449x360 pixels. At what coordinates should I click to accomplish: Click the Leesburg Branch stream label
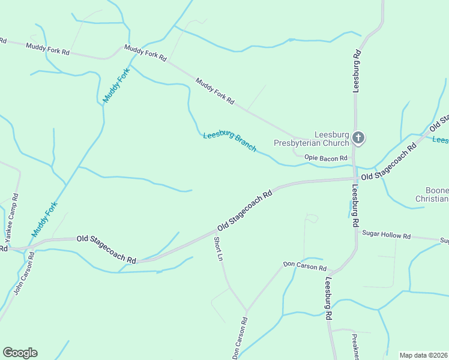pos(229,141)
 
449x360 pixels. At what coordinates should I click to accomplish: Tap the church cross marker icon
pos(358,139)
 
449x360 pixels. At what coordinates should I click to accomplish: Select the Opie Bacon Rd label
pos(326,158)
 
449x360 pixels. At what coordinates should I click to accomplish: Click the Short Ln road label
pos(218,249)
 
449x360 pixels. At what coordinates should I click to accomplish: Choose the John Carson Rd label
pos(23,274)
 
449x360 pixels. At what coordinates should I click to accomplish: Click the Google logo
pos(20,353)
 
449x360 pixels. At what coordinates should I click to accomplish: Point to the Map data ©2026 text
pos(423,355)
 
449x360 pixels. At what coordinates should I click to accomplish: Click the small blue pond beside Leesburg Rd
pos(349,209)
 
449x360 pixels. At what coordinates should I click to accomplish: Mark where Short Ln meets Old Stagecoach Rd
pos(215,230)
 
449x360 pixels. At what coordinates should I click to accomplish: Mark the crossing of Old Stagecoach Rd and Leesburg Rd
pos(355,178)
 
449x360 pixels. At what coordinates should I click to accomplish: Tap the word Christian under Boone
pos(432,199)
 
